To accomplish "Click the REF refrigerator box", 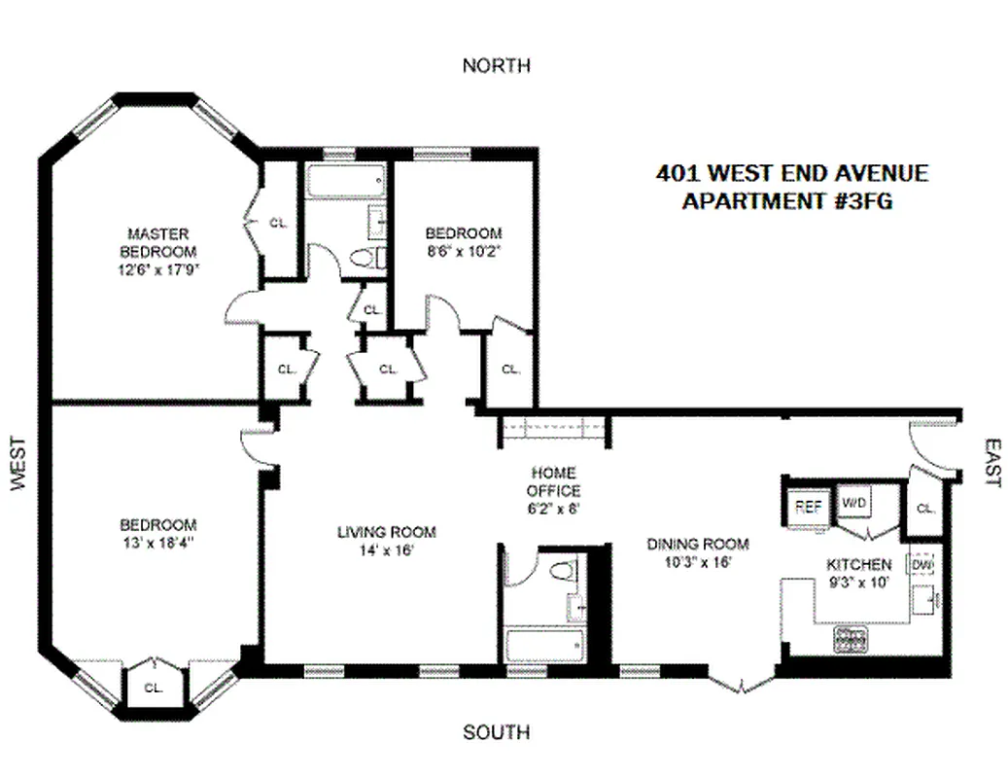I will click(808, 506).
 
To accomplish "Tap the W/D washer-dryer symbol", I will click(854, 504).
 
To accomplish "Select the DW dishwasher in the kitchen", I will click(921, 565).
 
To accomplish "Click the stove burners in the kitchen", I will click(852, 638).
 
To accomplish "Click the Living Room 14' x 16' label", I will click(387, 541).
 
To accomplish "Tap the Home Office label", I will click(553, 483).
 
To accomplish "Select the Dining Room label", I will click(697, 552).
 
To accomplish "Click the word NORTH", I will click(497, 66).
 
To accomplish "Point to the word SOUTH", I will click(497, 732).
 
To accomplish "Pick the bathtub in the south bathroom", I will click(543, 645).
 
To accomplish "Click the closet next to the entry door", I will click(924, 508).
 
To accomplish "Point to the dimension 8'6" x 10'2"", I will click(464, 249).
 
